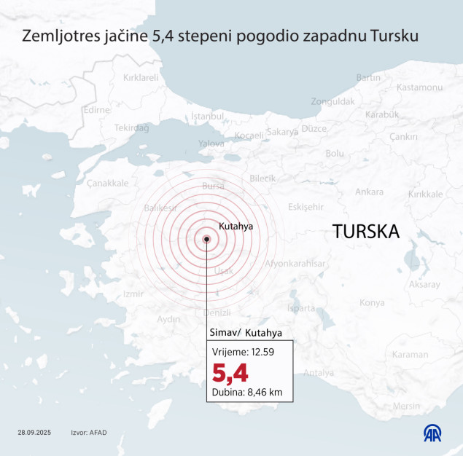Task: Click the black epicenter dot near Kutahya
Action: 207,238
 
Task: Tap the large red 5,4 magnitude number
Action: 230,373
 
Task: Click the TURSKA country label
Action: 366,232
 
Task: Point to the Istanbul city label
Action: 206,116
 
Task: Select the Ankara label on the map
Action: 369,192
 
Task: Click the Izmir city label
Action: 133,294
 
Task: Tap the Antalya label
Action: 318,373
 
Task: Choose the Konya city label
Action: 372,302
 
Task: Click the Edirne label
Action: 96,110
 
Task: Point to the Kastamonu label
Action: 419,87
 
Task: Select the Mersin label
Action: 406,406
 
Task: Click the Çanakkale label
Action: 107,183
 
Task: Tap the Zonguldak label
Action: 332,101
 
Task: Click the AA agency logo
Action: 435,433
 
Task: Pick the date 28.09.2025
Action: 36,433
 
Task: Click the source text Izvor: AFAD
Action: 89,433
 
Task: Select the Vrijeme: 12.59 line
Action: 243,353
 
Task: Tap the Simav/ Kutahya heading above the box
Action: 245,333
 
